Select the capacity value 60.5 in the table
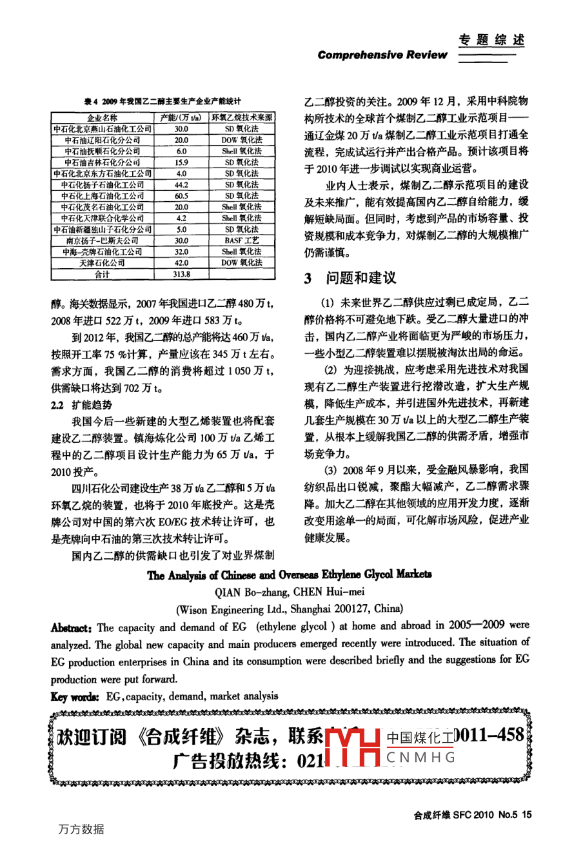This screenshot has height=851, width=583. [181, 196]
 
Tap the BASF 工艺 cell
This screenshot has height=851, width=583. [242, 240]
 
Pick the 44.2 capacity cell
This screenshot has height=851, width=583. [181, 185]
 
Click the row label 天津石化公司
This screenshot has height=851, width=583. [103, 263]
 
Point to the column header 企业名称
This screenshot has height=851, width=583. [103, 118]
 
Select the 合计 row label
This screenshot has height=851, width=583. [103, 274]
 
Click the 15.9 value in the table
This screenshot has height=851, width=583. [181, 162]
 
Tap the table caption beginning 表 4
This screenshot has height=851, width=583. [163, 101]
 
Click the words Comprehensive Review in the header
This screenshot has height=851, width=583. [382, 55]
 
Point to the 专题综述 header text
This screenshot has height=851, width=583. [491, 40]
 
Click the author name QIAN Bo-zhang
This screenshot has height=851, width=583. [246, 591]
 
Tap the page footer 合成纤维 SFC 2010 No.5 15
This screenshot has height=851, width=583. [473, 815]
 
